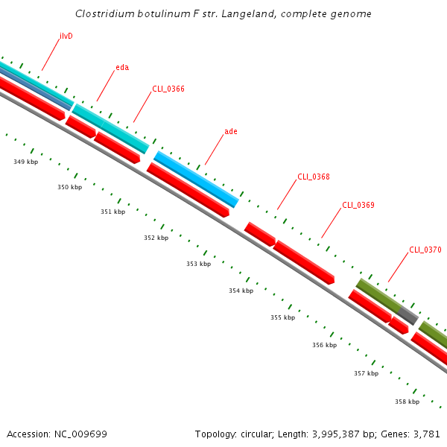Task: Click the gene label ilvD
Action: (66, 36)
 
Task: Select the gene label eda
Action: (122, 68)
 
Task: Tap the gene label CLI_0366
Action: (168, 89)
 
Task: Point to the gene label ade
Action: (231, 132)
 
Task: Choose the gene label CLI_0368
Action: (314, 177)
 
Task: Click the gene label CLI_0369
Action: (358, 205)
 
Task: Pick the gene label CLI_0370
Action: (425, 250)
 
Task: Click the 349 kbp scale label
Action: (25, 162)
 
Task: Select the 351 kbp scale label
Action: (113, 212)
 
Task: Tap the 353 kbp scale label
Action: (199, 264)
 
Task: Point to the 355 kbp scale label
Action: (283, 317)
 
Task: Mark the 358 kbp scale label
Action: (408, 402)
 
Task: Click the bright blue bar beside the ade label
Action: (196, 179)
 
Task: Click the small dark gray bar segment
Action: (408, 315)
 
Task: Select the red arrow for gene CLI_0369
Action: (304, 261)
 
